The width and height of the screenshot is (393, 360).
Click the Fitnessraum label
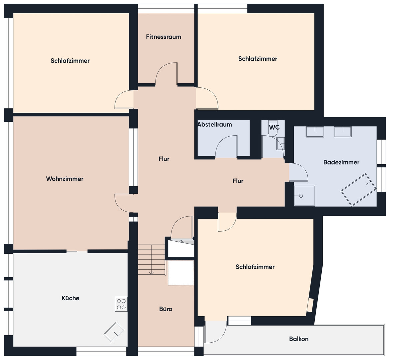click(164, 37)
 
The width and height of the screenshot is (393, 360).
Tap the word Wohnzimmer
click(65, 179)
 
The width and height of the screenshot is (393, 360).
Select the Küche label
click(70, 298)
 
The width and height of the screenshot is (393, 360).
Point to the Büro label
click(166, 309)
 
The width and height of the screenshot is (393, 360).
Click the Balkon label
click(299, 339)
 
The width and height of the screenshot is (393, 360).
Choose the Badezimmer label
click(341, 162)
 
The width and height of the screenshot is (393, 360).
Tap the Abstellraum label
click(214, 124)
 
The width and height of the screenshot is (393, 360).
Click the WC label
click(274, 127)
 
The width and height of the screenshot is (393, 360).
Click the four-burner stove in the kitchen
click(121, 304)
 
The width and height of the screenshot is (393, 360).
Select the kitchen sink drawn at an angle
click(114, 332)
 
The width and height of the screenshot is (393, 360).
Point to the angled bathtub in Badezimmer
click(358, 190)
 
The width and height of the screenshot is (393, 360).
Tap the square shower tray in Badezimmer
click(304, 196)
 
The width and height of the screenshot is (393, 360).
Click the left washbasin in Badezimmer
click(315, 132)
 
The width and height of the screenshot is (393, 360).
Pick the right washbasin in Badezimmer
click(343, 132)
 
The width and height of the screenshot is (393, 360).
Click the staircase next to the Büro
click(152, 260)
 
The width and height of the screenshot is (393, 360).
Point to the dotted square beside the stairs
click(181, 273)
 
